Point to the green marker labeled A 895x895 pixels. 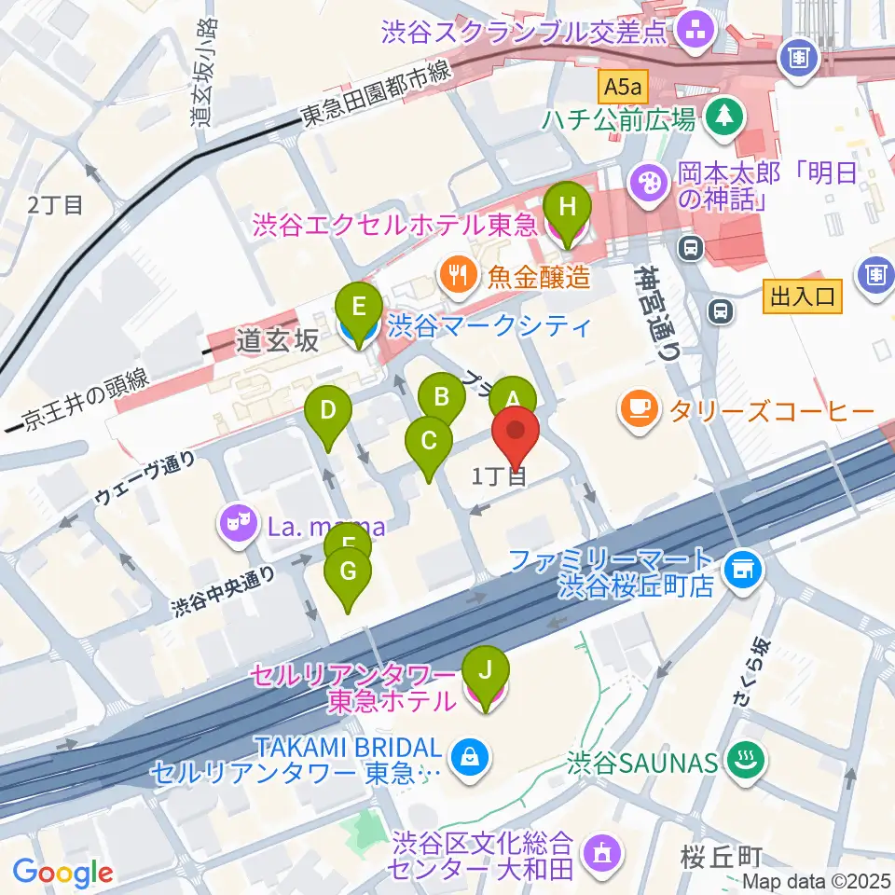[x=512, y=397]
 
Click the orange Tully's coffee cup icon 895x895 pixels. [x=640, y=410]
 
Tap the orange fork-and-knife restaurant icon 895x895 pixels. [x=456, y=275]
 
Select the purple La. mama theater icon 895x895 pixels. [x=237, y=523]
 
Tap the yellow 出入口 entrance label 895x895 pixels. [x=803, y=298]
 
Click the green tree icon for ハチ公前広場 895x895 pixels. [x=722, y=117]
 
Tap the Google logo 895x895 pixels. [x=63, y=872]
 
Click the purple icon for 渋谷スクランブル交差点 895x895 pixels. [x=693, y=33]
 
